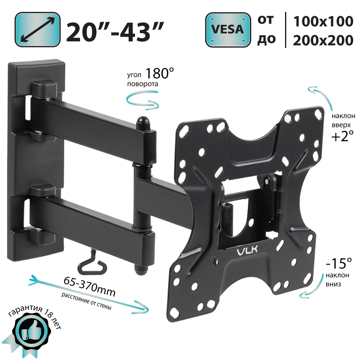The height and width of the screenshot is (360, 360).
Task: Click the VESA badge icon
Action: click(228, 30)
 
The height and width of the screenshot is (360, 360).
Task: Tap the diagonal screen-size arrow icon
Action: click(37, 30)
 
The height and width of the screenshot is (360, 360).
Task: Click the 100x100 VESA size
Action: click(323, 21)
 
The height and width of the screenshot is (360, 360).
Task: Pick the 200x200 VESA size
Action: click(323, 40)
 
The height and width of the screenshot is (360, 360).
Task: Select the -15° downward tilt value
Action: click(339, 263)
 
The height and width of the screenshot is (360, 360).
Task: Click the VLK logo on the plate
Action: click(247, 250)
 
